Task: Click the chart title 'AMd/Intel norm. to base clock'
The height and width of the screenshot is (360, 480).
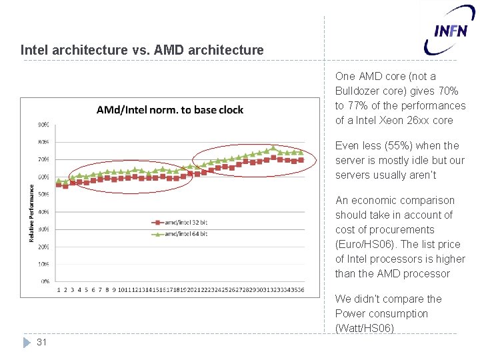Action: point(170,110)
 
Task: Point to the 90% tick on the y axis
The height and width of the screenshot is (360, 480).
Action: point(43,125)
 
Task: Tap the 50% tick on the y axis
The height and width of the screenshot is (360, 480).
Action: point(43,195)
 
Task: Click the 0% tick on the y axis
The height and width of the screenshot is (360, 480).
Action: point(44,281)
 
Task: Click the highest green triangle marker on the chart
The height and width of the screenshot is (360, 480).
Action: point(273,148)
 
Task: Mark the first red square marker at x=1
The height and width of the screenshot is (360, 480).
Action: point(59,184)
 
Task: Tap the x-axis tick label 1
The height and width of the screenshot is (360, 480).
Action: point(59,289)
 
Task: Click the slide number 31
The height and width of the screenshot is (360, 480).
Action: point(42,342)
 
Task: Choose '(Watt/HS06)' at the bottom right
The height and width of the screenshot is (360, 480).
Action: point(365,328)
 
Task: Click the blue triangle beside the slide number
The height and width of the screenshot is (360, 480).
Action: point(27,342)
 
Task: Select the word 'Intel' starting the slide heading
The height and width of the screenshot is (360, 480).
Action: point(34,50)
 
